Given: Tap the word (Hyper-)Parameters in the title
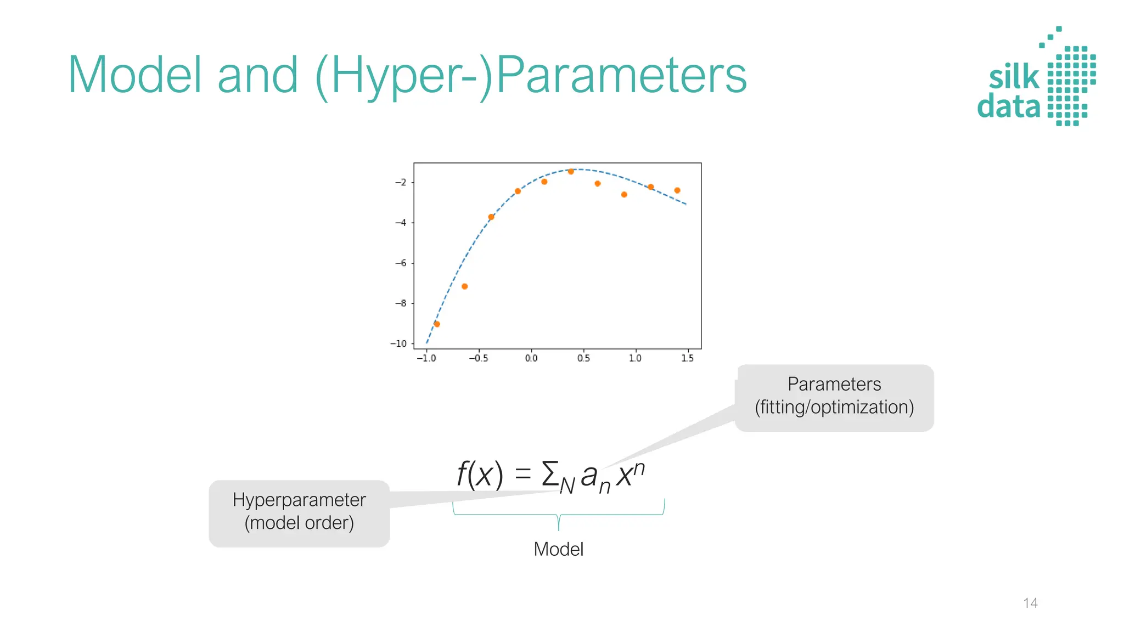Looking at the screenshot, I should (x=531, y=76).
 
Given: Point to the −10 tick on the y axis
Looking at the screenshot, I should (x=399, y=343).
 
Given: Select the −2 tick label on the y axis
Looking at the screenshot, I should (x=401, y=182).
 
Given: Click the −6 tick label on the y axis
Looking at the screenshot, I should (x=401, y=263).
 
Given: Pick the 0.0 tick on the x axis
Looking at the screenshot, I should (x=531, y=358).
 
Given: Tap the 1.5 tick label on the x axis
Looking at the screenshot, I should (x=687, y=358).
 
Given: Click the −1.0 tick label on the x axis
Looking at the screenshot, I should (x=426, y=358).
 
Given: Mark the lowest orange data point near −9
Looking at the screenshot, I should (x=437, y=324).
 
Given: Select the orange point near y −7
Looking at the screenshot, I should (x=464, y=286).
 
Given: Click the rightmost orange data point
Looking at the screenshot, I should (x=677, y=190).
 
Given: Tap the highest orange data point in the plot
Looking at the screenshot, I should (x=571, y=172).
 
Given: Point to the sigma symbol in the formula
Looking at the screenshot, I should (x=549, y=474).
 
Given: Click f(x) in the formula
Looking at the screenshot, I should (x=480, y=474).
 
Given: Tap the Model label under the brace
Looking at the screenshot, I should (x=558, y=549).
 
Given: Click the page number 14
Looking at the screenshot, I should (x=1030, y=603).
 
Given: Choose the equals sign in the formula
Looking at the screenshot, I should (x=523, y=474).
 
